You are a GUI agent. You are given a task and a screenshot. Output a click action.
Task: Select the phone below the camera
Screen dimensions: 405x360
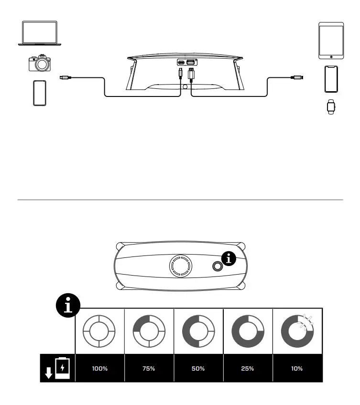pos(40,93)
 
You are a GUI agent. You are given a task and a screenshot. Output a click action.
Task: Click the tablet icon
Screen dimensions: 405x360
pos(331,41)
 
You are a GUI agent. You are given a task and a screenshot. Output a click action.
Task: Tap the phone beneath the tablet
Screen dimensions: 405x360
pos(331,79)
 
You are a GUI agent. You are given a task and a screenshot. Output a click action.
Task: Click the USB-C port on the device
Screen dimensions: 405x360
pos(181,63)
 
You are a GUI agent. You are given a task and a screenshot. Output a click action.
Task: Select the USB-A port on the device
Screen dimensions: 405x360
pos(190,63)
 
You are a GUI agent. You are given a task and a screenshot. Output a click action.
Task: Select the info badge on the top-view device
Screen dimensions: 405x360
pos(230,259)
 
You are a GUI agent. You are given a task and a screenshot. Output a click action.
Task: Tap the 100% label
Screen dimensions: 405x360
pos(99,368)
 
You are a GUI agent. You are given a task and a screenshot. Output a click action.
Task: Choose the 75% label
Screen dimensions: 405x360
pos(149,368)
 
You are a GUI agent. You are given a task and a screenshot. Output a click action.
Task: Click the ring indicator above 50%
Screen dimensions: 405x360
pos(198,330)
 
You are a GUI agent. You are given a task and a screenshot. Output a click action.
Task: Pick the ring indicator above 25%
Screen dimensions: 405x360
pos(248,330)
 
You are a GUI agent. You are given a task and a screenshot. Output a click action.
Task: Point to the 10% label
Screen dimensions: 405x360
pos(297,368)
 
